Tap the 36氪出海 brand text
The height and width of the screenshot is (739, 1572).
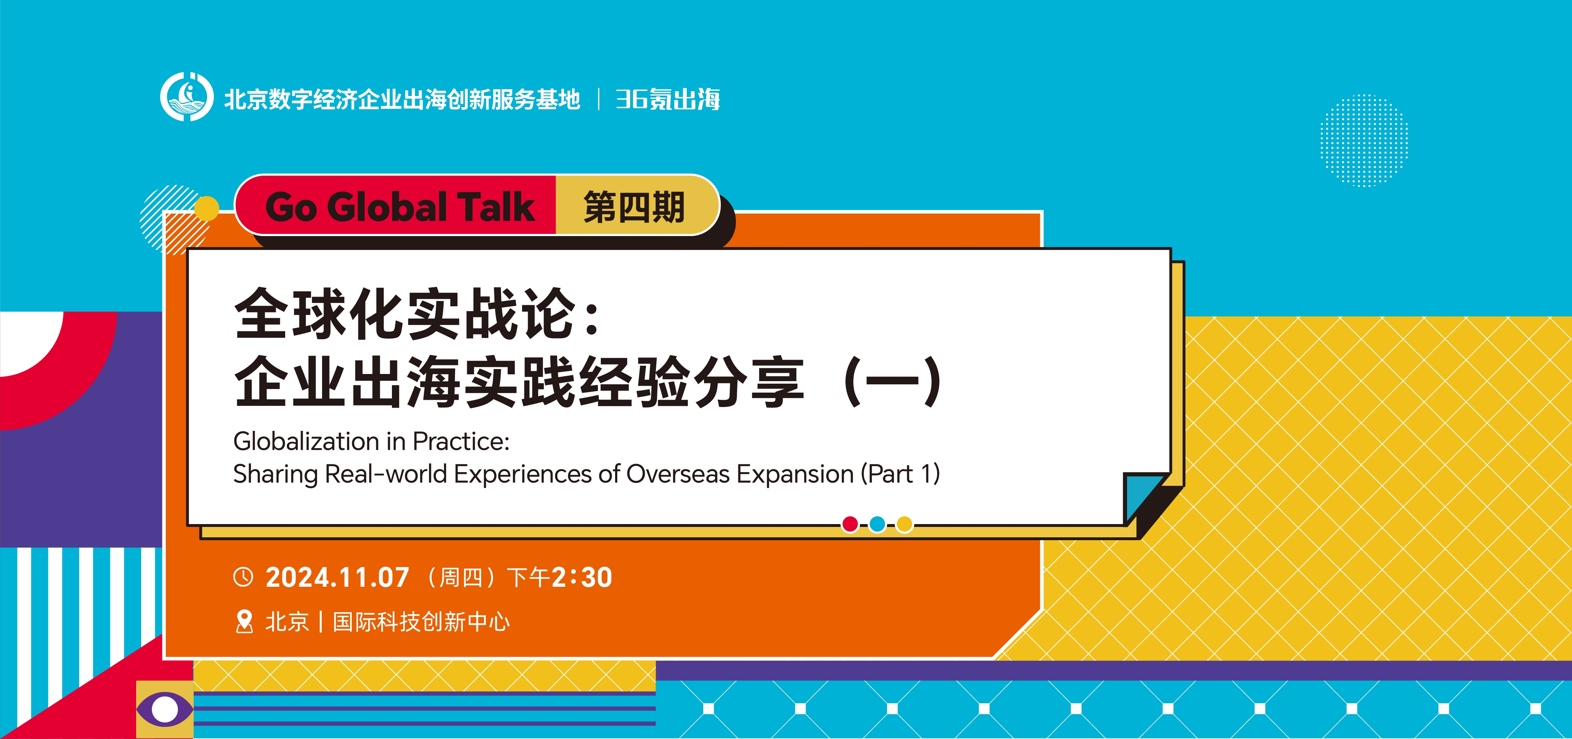point(668,99)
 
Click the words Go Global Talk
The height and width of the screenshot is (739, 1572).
point(400,207)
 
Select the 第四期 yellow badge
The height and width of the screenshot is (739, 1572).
point(635,206)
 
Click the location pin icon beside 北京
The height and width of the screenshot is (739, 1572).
point(244,622)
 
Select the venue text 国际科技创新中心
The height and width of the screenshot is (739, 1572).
point(421,622)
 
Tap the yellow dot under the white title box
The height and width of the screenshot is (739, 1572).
point(904,524)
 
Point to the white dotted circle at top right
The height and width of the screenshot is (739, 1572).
point(1364,140)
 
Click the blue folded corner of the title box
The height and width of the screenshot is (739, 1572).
point(1142,495)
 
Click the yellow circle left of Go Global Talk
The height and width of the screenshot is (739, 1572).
point(207,208)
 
